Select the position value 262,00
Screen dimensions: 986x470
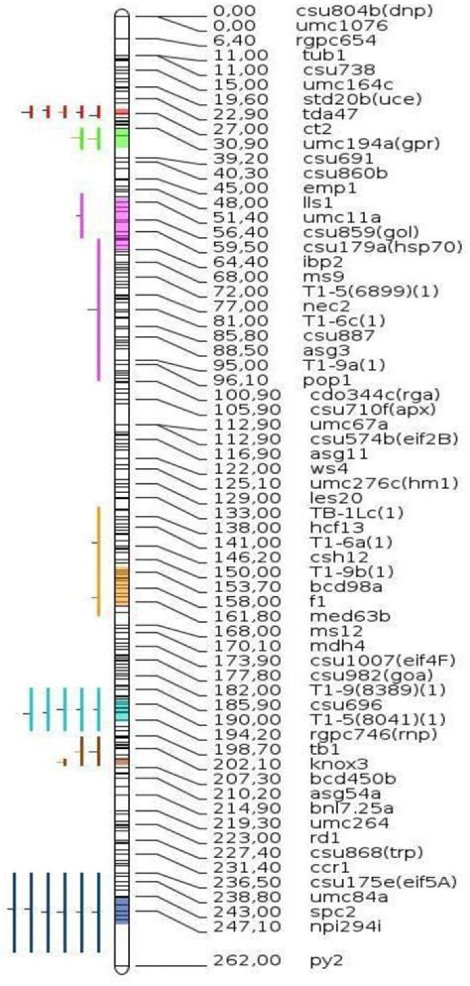(247, 960)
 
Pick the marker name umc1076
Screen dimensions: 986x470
(342, 26)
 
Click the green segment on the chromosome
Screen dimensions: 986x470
(121, 138)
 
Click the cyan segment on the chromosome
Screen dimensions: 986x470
(121, 710)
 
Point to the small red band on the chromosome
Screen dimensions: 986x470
(121, 112)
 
